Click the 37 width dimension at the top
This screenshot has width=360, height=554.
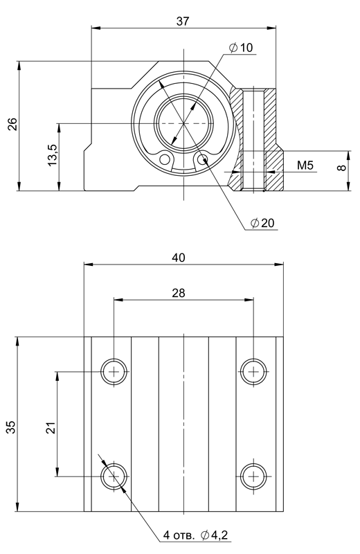(183, 21)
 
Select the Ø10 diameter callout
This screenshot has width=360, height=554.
(241, 47)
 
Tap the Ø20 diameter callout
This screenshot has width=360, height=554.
(262, 222)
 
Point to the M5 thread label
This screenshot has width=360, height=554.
(305, 165)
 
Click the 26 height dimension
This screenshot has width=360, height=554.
(12, 124)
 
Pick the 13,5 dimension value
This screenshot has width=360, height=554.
(53, 154)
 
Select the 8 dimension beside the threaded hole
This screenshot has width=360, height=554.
(341, 168)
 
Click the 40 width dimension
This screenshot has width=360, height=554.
(179, 258)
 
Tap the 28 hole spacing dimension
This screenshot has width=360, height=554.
(179, 293)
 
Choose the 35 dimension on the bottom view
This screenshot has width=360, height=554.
(12, 427)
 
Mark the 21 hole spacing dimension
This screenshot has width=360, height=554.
(52, 427)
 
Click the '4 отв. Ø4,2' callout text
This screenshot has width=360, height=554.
(195, 535)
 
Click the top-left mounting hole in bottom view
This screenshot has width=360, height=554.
(114, 372)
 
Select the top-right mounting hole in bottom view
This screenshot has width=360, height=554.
(253, 372)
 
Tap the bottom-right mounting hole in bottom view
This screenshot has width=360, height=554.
(253, 476)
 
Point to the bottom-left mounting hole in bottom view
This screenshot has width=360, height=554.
(114, 476)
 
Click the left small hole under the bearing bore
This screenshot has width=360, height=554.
(165, 160)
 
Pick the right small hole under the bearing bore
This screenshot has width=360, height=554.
(202, 160)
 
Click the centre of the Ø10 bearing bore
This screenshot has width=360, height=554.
(183, 123)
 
